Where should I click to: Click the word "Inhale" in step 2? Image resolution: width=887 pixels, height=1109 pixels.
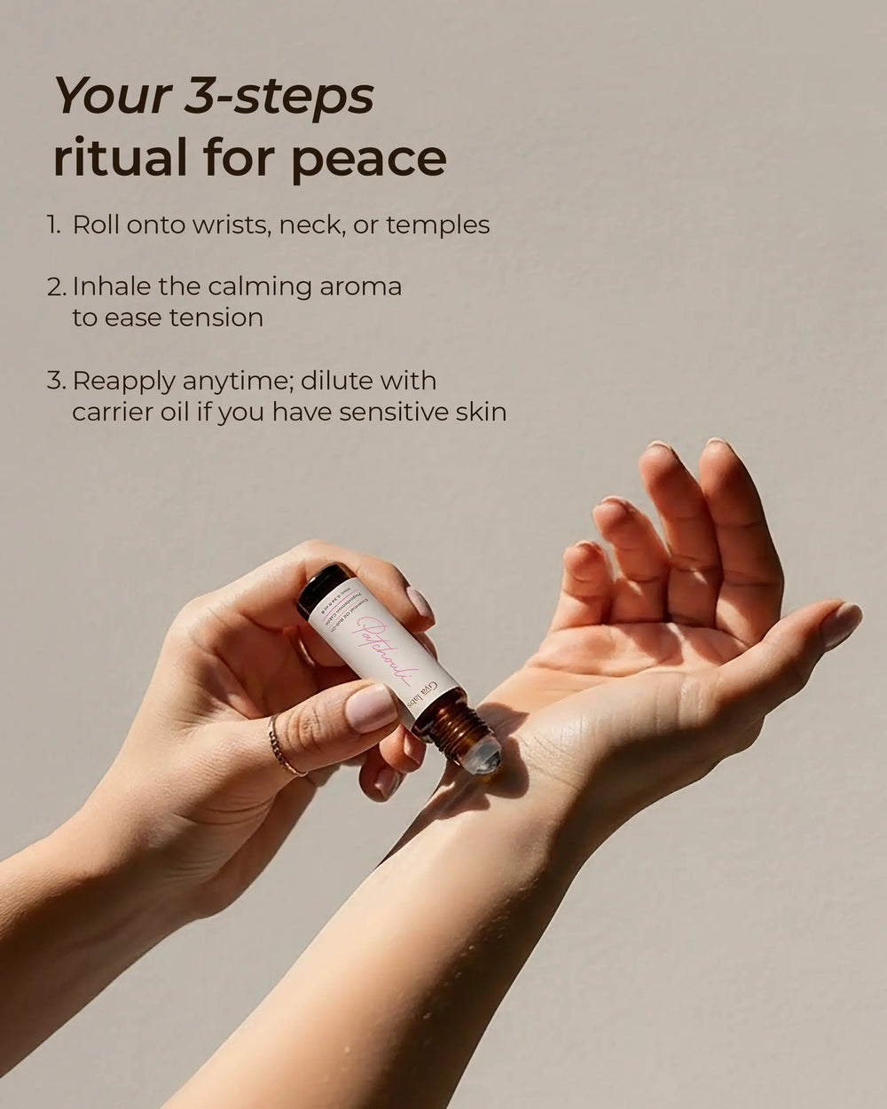(112, 287)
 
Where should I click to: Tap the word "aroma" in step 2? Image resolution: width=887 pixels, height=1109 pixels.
(358, 287)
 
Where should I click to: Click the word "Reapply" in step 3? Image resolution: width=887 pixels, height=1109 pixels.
(122, 381)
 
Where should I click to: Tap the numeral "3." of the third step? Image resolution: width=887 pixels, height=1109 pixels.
(56, 381)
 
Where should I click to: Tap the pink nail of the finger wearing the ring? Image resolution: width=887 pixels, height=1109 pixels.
(371, 708)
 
